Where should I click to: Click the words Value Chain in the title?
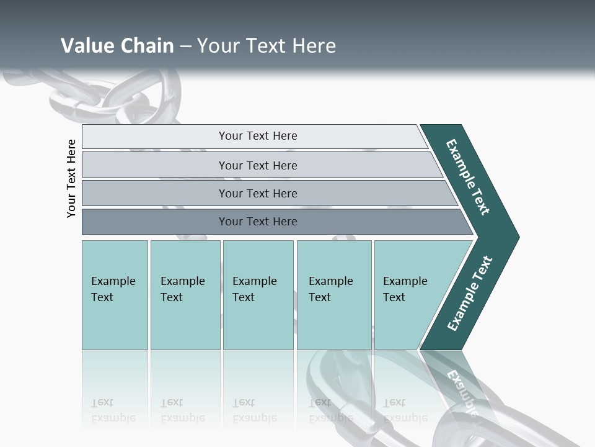coord(117,46)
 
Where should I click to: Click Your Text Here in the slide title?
coord(267,46)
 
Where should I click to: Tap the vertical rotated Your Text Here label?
coord(71,178)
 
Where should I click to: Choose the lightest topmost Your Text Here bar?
coord(258,136)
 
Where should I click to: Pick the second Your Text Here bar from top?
coord(258,165)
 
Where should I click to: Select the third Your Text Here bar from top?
coord(258,193)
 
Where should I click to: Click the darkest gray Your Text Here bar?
coord(258,222)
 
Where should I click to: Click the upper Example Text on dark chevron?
coord(468,177)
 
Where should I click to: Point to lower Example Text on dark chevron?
coord(470,293)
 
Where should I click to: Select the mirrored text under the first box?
coord(113,410)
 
